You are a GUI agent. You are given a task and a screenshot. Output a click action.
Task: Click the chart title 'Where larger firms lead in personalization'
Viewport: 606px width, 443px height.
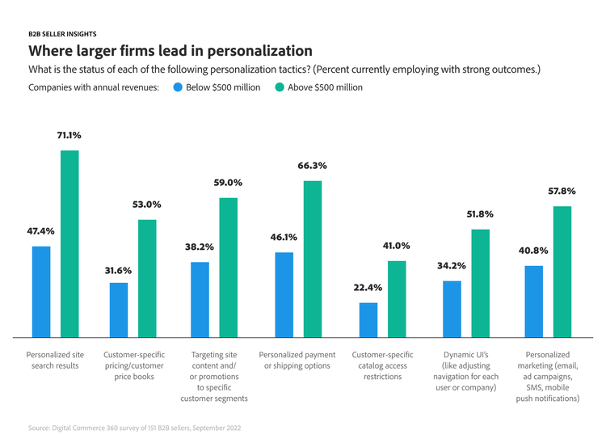(170, 52)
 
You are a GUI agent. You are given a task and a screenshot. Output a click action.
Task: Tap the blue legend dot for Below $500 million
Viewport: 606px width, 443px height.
(177, 87)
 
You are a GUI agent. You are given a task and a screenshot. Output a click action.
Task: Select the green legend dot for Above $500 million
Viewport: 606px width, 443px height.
(280, 87)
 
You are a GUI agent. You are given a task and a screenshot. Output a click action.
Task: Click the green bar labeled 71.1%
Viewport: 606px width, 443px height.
(69, 243)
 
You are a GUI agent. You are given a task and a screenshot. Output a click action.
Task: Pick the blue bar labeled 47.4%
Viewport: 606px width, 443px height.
(41, 291)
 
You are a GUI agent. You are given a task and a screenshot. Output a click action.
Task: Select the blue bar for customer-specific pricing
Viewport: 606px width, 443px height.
(119, 309)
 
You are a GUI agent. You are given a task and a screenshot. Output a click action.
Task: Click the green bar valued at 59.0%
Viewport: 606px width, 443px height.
(229, 267)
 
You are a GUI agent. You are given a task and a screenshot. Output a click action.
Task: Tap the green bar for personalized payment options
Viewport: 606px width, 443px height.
(313, 258)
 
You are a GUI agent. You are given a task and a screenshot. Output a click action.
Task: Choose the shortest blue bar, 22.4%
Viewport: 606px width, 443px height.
(368, 319)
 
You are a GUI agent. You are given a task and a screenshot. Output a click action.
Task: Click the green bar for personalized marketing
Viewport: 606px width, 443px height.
(562, 271)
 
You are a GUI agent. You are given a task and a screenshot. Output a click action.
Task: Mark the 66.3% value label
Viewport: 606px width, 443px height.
(312, 166)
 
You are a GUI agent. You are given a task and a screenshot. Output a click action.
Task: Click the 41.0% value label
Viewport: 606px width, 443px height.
(396, 246)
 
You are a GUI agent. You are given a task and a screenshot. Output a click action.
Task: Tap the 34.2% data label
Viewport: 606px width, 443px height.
(452, 266)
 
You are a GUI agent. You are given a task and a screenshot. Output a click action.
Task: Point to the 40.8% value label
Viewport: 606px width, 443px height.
(534, 251)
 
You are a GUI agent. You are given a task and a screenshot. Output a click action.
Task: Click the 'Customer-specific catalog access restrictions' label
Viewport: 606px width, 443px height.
(382, 365)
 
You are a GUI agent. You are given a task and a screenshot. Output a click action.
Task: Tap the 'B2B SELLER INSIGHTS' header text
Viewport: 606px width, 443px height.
(62, 34)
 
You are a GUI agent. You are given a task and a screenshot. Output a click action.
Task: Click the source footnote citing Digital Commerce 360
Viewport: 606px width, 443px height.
(134, 427)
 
